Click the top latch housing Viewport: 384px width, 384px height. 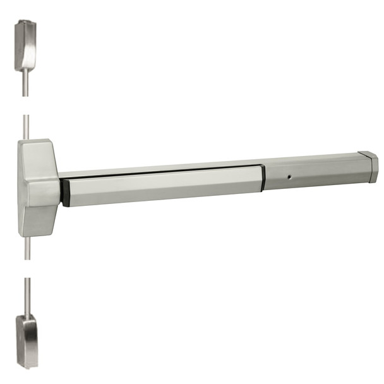click(x=25, y=47)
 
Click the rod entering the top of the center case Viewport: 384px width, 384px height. click(x=26, y=126)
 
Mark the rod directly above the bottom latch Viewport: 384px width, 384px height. click(x=26, y=297)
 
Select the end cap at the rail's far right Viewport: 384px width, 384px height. click(x=369, y=167)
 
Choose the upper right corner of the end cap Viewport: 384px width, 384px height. click(x=375, y=154)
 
